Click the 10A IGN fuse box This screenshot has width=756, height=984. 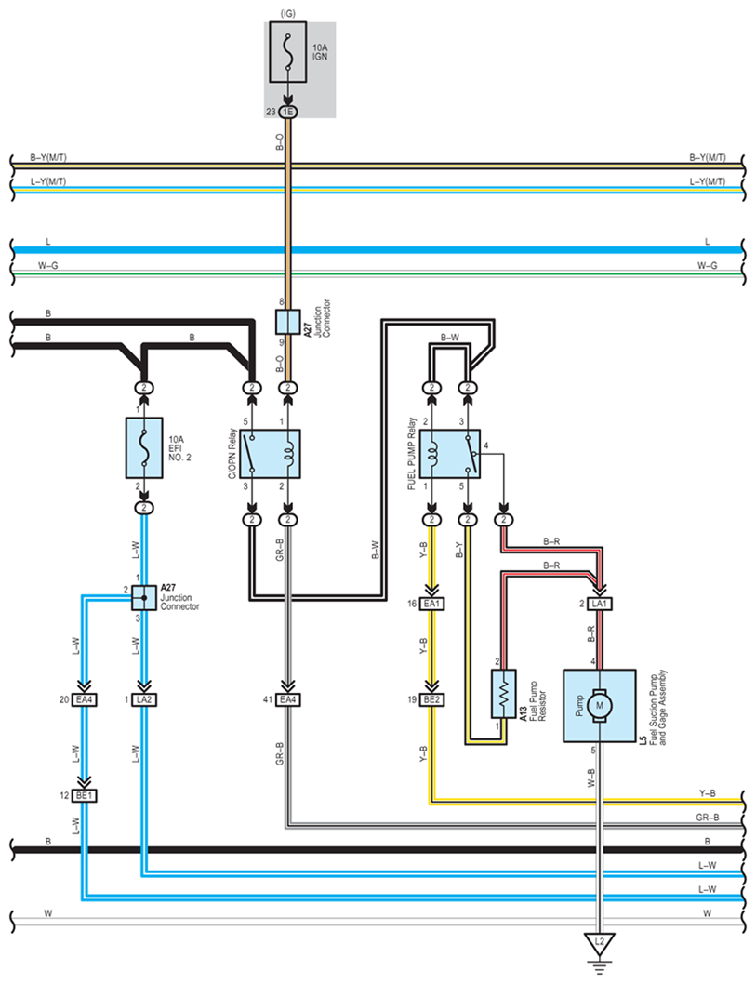click(288, 52)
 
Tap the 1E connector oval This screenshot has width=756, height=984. click(288, 112)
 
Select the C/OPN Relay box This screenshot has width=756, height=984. click(270, 454)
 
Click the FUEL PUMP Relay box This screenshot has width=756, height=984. click(450, 454)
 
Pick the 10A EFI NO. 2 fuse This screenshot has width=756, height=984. click(144, 448)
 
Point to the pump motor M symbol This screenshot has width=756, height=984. click(599, 705)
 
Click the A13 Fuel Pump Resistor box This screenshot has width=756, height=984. click(504, 694)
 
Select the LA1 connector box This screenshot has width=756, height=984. click(599, 604)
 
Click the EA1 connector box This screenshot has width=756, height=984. click(431, 604)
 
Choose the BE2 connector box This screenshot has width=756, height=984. click(431, 699)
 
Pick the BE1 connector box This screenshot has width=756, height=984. click(84, 795)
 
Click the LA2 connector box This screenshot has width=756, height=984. click(144, 699)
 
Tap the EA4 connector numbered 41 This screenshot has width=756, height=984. click(288, 699)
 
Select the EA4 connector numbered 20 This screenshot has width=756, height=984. click(84, 699)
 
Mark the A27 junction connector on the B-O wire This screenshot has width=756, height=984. click(288, 321)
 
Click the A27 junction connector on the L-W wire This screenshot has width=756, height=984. click(144, 598)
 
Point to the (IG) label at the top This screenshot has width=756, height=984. click(288, 13)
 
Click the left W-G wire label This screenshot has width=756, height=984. click(47, 265)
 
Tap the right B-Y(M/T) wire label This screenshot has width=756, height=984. click(708, 157)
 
